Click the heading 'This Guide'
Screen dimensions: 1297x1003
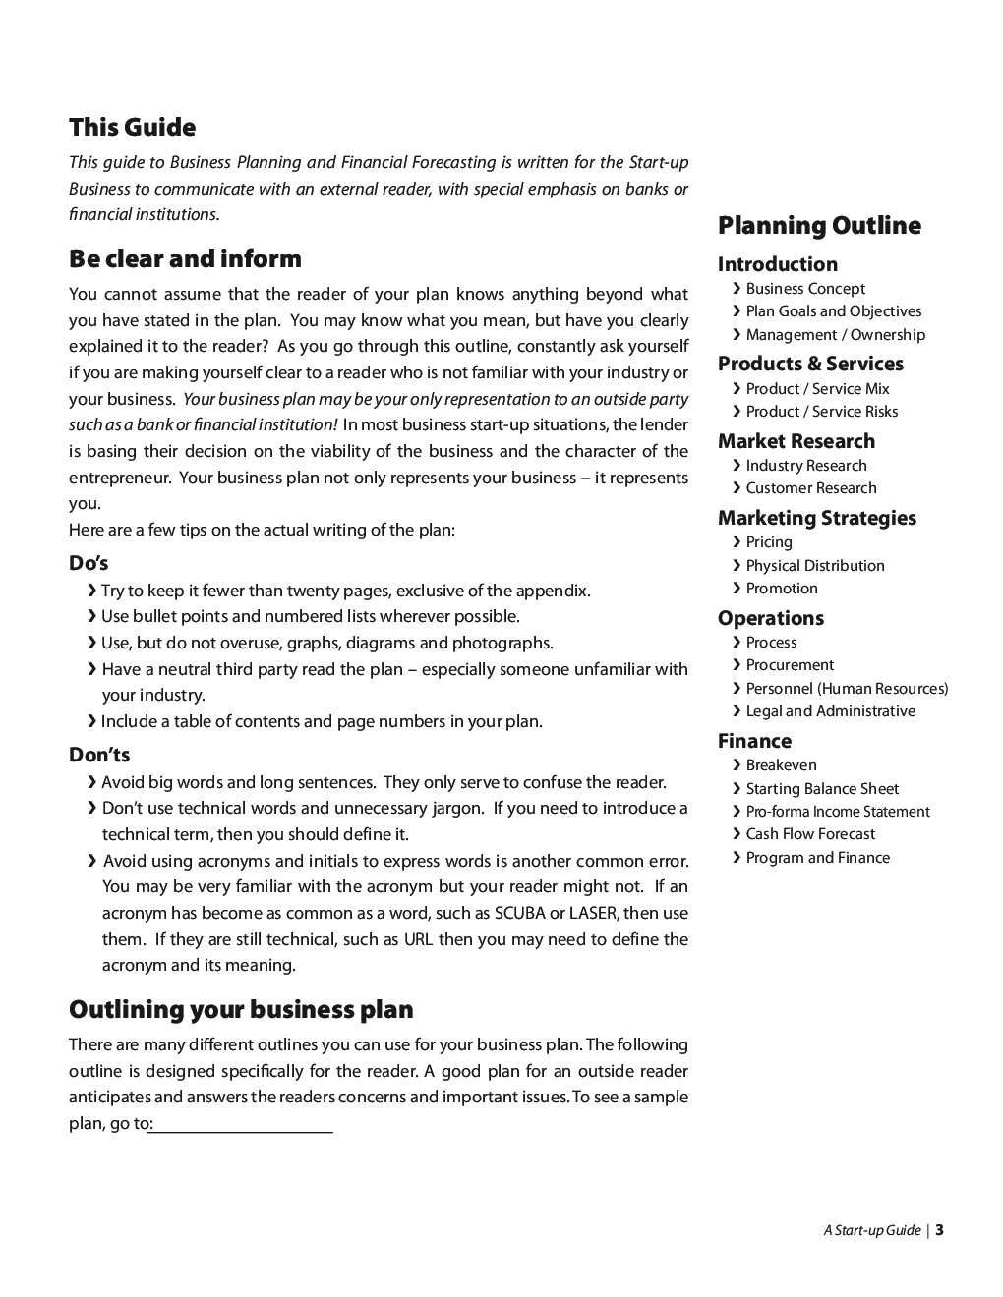pyautogui.click(x=132, y=128)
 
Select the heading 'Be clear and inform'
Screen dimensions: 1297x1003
pyautogui.click(x=185, y=259)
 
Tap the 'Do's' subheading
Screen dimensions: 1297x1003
pyautogui.click(x=88, y=564)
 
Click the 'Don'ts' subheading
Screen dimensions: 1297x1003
pyautogui.click(x=99, y=756)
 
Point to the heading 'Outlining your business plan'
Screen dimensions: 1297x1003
pyautogui.click(x=241, y=1010)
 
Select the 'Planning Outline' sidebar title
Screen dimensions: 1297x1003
pyautogui.click(x=819, y=226)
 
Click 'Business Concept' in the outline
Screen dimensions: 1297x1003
pyautogui.click(x=805, y=289)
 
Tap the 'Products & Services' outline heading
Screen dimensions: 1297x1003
pyautogui.click(x=810, y=364)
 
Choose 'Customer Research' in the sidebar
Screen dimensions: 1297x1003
pyautogui.click(x=810, y=488)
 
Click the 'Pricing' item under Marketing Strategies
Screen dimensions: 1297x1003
pyautogui.click(x=769, y=542)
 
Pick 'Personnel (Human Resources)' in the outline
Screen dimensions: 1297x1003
pyautogui.click(x=847, y=689)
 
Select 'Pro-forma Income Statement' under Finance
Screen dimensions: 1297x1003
pyautogui.click(x=837, y=812)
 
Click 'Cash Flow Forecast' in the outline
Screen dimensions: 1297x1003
pyautogui.click(x=810, y=834)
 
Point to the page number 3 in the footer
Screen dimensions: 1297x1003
pyautogui.click(x=939, y=1230)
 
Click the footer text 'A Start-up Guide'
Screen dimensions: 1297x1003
pyautogui.click(x=872, y=1231)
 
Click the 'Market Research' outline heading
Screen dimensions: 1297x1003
pyautogui.click(x=796, y=441)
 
